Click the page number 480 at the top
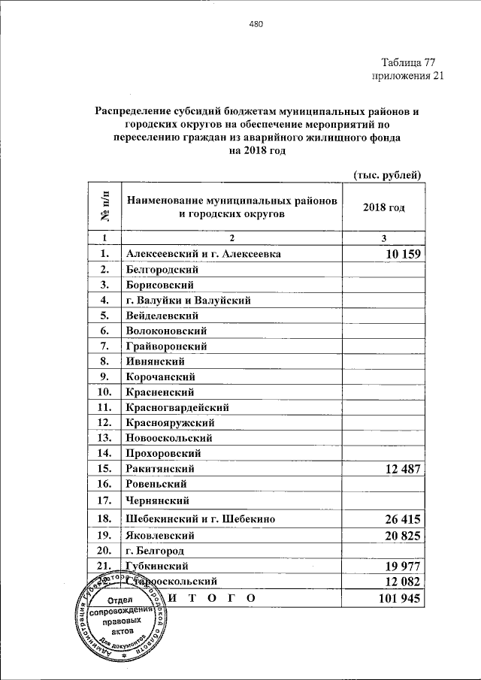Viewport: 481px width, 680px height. coord(256,24)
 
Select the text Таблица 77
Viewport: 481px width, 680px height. coord(408,62)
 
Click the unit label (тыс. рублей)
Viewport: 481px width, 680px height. coord(387,175)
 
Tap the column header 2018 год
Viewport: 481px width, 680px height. coord(383,207)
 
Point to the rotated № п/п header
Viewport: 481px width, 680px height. coord(104,207)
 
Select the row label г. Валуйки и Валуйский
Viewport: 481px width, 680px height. coord(188,301)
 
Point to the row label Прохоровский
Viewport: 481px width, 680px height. coord(163,453)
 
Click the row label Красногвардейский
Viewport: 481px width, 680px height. coord(177,407)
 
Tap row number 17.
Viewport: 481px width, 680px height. coord(104,500)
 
